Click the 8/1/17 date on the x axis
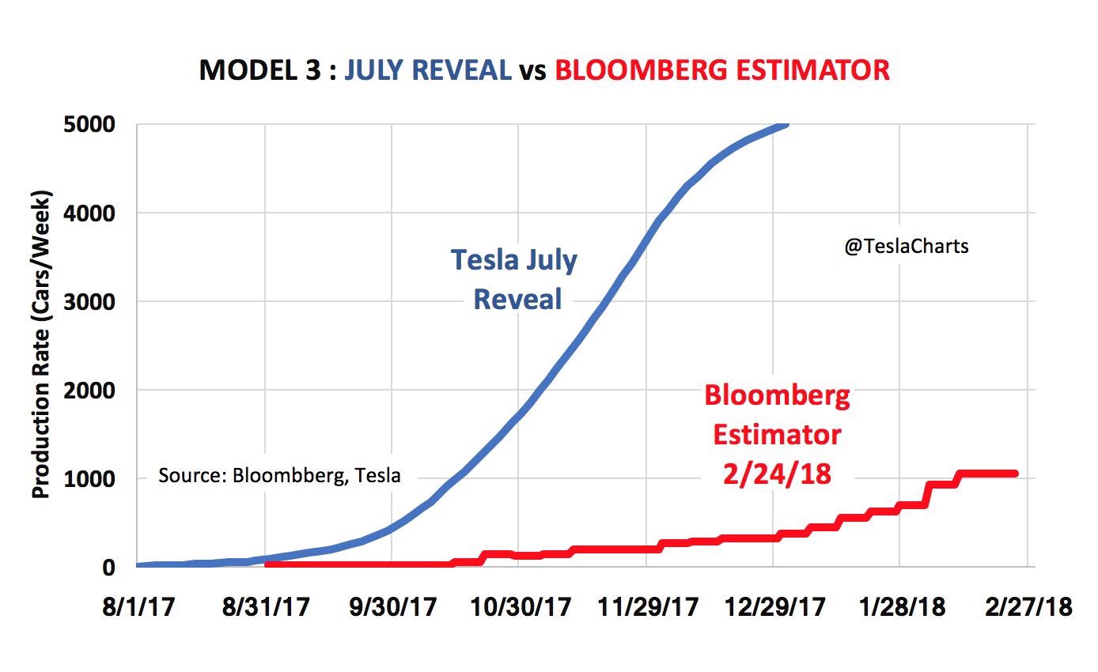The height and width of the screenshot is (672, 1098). coord(138,608)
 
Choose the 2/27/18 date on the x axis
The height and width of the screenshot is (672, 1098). coord(1028,608)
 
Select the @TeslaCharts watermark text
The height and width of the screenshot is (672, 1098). coord(907,247)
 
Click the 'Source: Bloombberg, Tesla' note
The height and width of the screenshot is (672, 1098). coord(279,476)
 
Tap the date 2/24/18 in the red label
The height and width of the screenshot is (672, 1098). coord(777,474)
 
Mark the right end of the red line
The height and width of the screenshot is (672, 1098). coord(1015,474)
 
